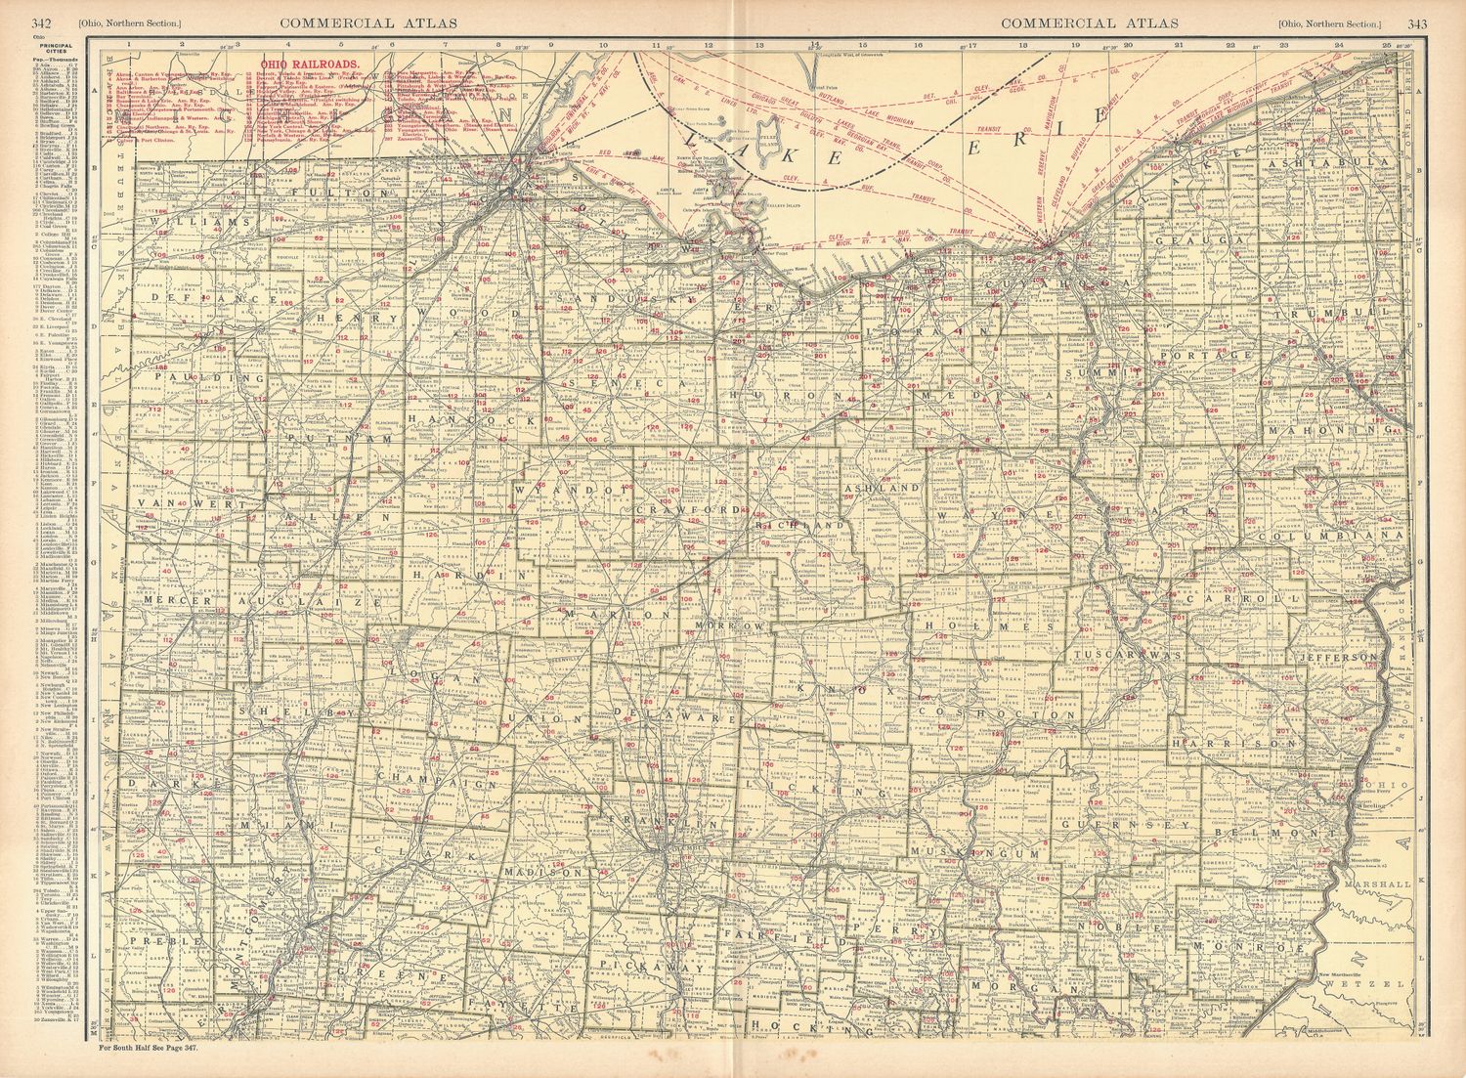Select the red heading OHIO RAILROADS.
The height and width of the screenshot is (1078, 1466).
[294, 66]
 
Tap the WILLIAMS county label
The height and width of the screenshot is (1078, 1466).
[194, 223]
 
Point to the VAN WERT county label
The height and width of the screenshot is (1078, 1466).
[177, 502]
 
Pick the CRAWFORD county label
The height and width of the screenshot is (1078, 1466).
[685, 510]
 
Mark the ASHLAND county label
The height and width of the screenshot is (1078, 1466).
[882, 487]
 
